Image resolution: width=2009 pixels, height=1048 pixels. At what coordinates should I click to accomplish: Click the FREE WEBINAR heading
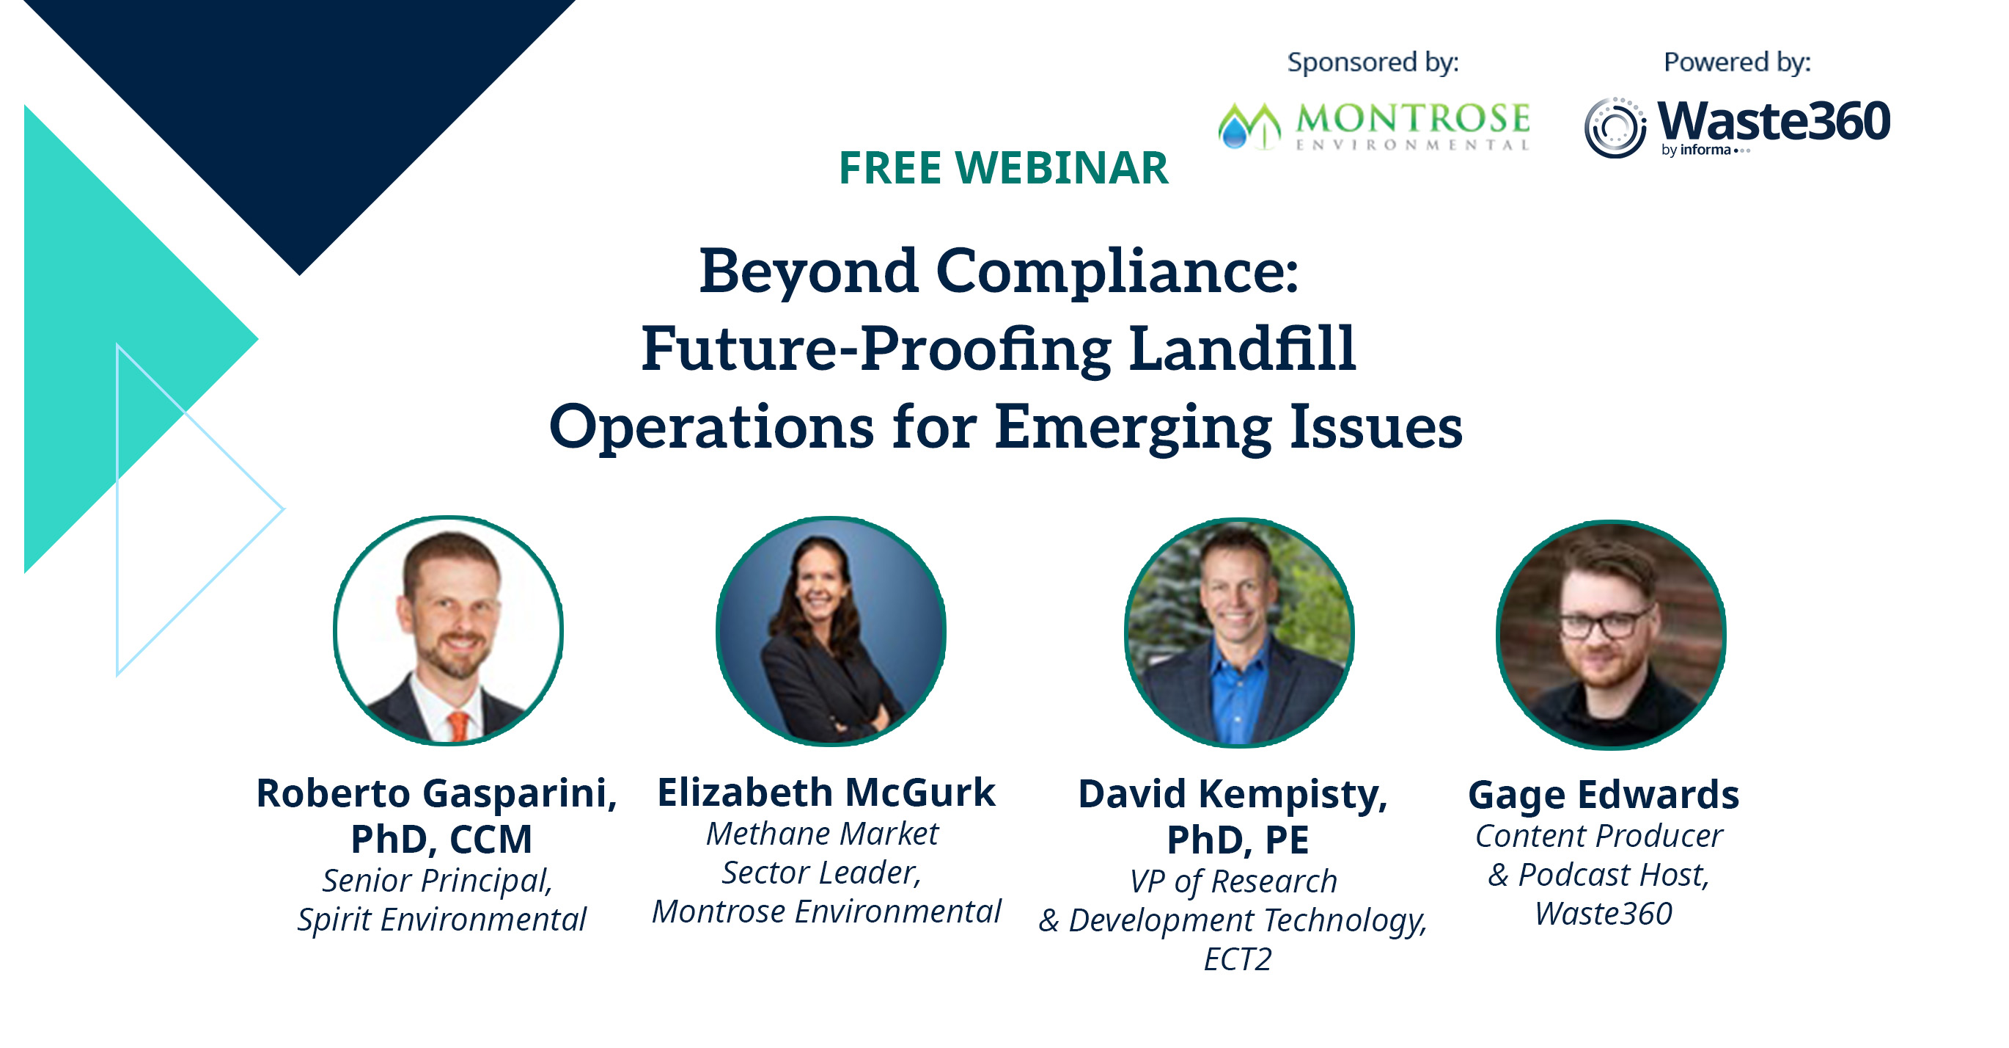pos(1003,168)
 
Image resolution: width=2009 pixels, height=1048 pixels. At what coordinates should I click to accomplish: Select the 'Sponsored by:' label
pos(1373,62)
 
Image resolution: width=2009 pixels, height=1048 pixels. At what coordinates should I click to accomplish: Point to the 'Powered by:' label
pos(1737,62)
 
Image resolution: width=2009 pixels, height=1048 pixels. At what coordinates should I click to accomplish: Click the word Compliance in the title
pos(1117,272)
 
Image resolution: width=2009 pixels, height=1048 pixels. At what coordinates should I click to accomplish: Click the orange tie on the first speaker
pos(458,726)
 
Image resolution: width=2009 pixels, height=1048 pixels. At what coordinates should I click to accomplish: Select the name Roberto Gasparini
pos(436,793)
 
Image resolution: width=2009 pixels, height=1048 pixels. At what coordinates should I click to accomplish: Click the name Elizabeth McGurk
pos(826,793)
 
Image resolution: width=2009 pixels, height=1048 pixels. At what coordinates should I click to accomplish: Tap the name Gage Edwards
pos(1604,795)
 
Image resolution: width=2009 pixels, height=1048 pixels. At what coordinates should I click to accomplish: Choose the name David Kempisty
pos(1233,794)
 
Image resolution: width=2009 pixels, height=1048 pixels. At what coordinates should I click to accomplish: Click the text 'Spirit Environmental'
pos(441,920)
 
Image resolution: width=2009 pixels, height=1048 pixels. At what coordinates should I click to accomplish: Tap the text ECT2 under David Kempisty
pos(1237,959)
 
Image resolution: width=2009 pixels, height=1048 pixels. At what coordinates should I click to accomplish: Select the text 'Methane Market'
pos(822,834)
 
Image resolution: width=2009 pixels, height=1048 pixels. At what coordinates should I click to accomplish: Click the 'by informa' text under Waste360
pos(1697,150)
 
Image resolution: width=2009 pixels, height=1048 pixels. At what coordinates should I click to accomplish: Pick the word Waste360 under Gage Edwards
pos(1604,914)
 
